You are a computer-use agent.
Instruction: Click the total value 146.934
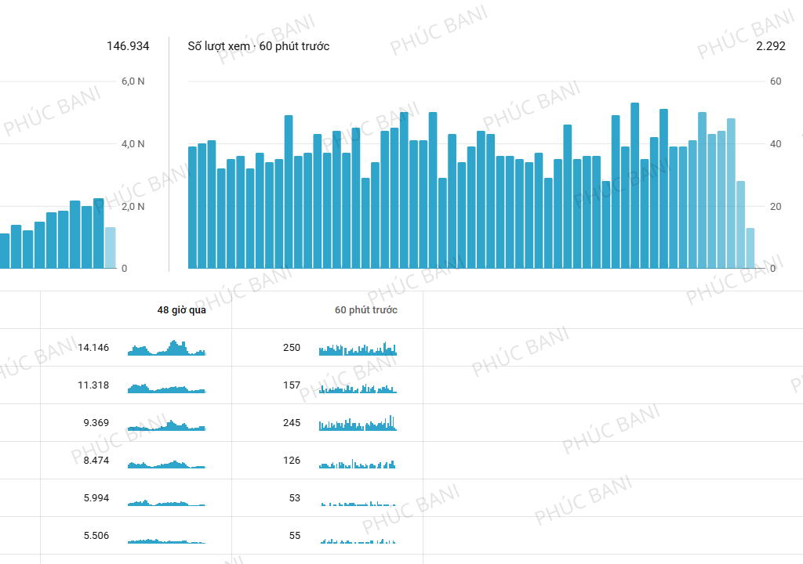point(128,46)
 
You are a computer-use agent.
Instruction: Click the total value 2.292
point(770,46)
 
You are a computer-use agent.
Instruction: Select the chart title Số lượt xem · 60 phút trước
point(258,46)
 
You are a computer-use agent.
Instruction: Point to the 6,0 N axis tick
point(133,81)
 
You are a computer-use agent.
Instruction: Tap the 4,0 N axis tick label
point(133,144)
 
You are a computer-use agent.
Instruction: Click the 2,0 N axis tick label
point(133,207)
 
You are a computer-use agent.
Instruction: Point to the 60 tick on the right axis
point(775,81)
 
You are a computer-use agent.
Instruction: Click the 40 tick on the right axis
point(775,144)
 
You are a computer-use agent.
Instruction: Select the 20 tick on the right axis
point(775,207)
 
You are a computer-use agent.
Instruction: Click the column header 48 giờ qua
point(181,310)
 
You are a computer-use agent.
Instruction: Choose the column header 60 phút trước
point(365,310)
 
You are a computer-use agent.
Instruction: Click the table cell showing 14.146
point(93,348)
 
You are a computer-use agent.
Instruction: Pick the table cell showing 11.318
point(93,385)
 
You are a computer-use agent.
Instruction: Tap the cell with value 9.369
point(96,423)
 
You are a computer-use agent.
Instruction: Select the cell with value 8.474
point(96,461)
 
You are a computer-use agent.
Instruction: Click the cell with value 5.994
point(96,498)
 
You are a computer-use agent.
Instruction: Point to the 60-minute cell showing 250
point(292,348)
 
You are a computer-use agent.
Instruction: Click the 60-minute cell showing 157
point(292,385)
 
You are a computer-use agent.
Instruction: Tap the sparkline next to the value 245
point(358,424)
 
